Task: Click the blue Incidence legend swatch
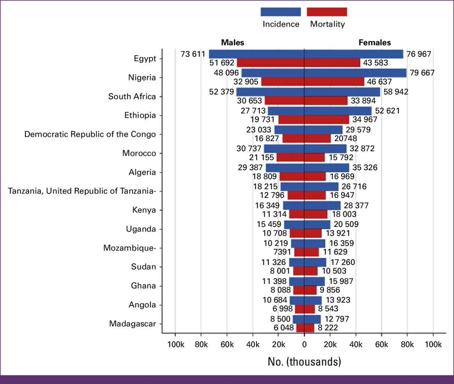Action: click(x=281, y=12)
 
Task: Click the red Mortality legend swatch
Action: click(x=327, y=12)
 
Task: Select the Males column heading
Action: click(x=232, y=43)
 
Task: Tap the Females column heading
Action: click(x=375, y=43)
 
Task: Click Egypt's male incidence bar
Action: click(x=256, y=54)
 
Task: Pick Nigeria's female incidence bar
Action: click(x=355, y=73)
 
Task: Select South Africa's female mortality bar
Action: click(x=326, y=101)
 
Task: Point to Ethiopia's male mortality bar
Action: click(x=291, y=119)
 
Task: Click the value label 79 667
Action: click(x=422, y=73)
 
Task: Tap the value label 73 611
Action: click(x=193, y=54)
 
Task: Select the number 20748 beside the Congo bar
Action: click(x=345, y=138)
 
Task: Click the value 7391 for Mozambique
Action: click(x=282, y=252)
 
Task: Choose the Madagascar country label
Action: click(x=132, y=324)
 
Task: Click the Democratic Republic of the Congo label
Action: click(x=90, y=134)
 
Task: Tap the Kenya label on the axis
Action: click(x=144, y=210)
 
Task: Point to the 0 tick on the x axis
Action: click(x=304, y=344)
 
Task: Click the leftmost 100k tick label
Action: click(x=176, y=344)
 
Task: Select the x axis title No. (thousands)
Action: click(x=304, y=362)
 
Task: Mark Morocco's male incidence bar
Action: click(x=284, y=149)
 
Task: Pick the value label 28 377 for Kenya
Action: click(x=356, y=205)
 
